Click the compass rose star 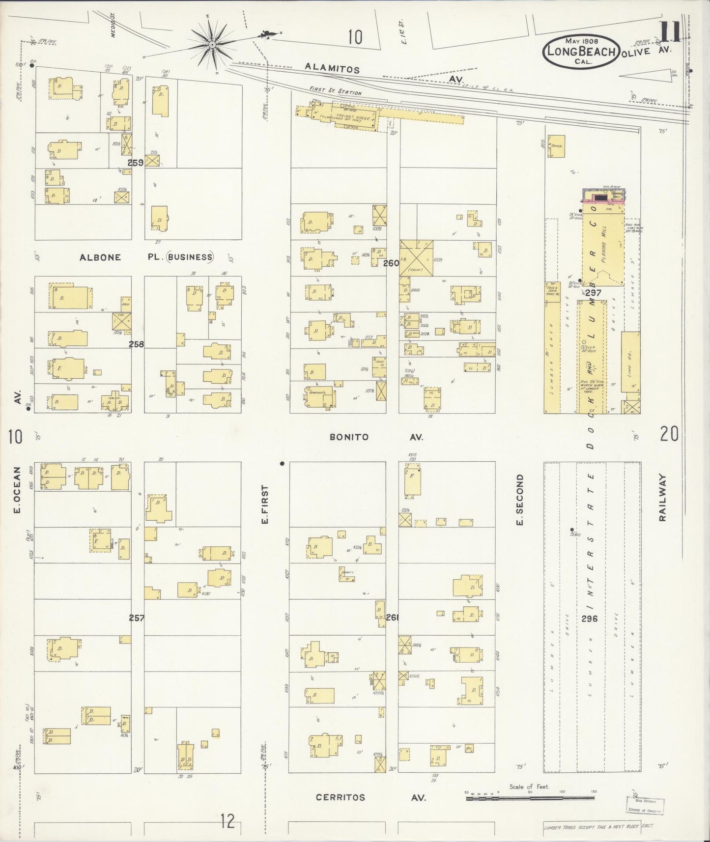212,45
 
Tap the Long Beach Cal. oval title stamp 580,52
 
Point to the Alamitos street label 332,69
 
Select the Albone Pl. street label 100,257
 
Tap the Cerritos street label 341,797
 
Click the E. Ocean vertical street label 17,490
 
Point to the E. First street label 265,505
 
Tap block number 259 136,163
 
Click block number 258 136,344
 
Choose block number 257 136,618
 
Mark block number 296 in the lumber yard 589,618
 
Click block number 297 593,292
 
